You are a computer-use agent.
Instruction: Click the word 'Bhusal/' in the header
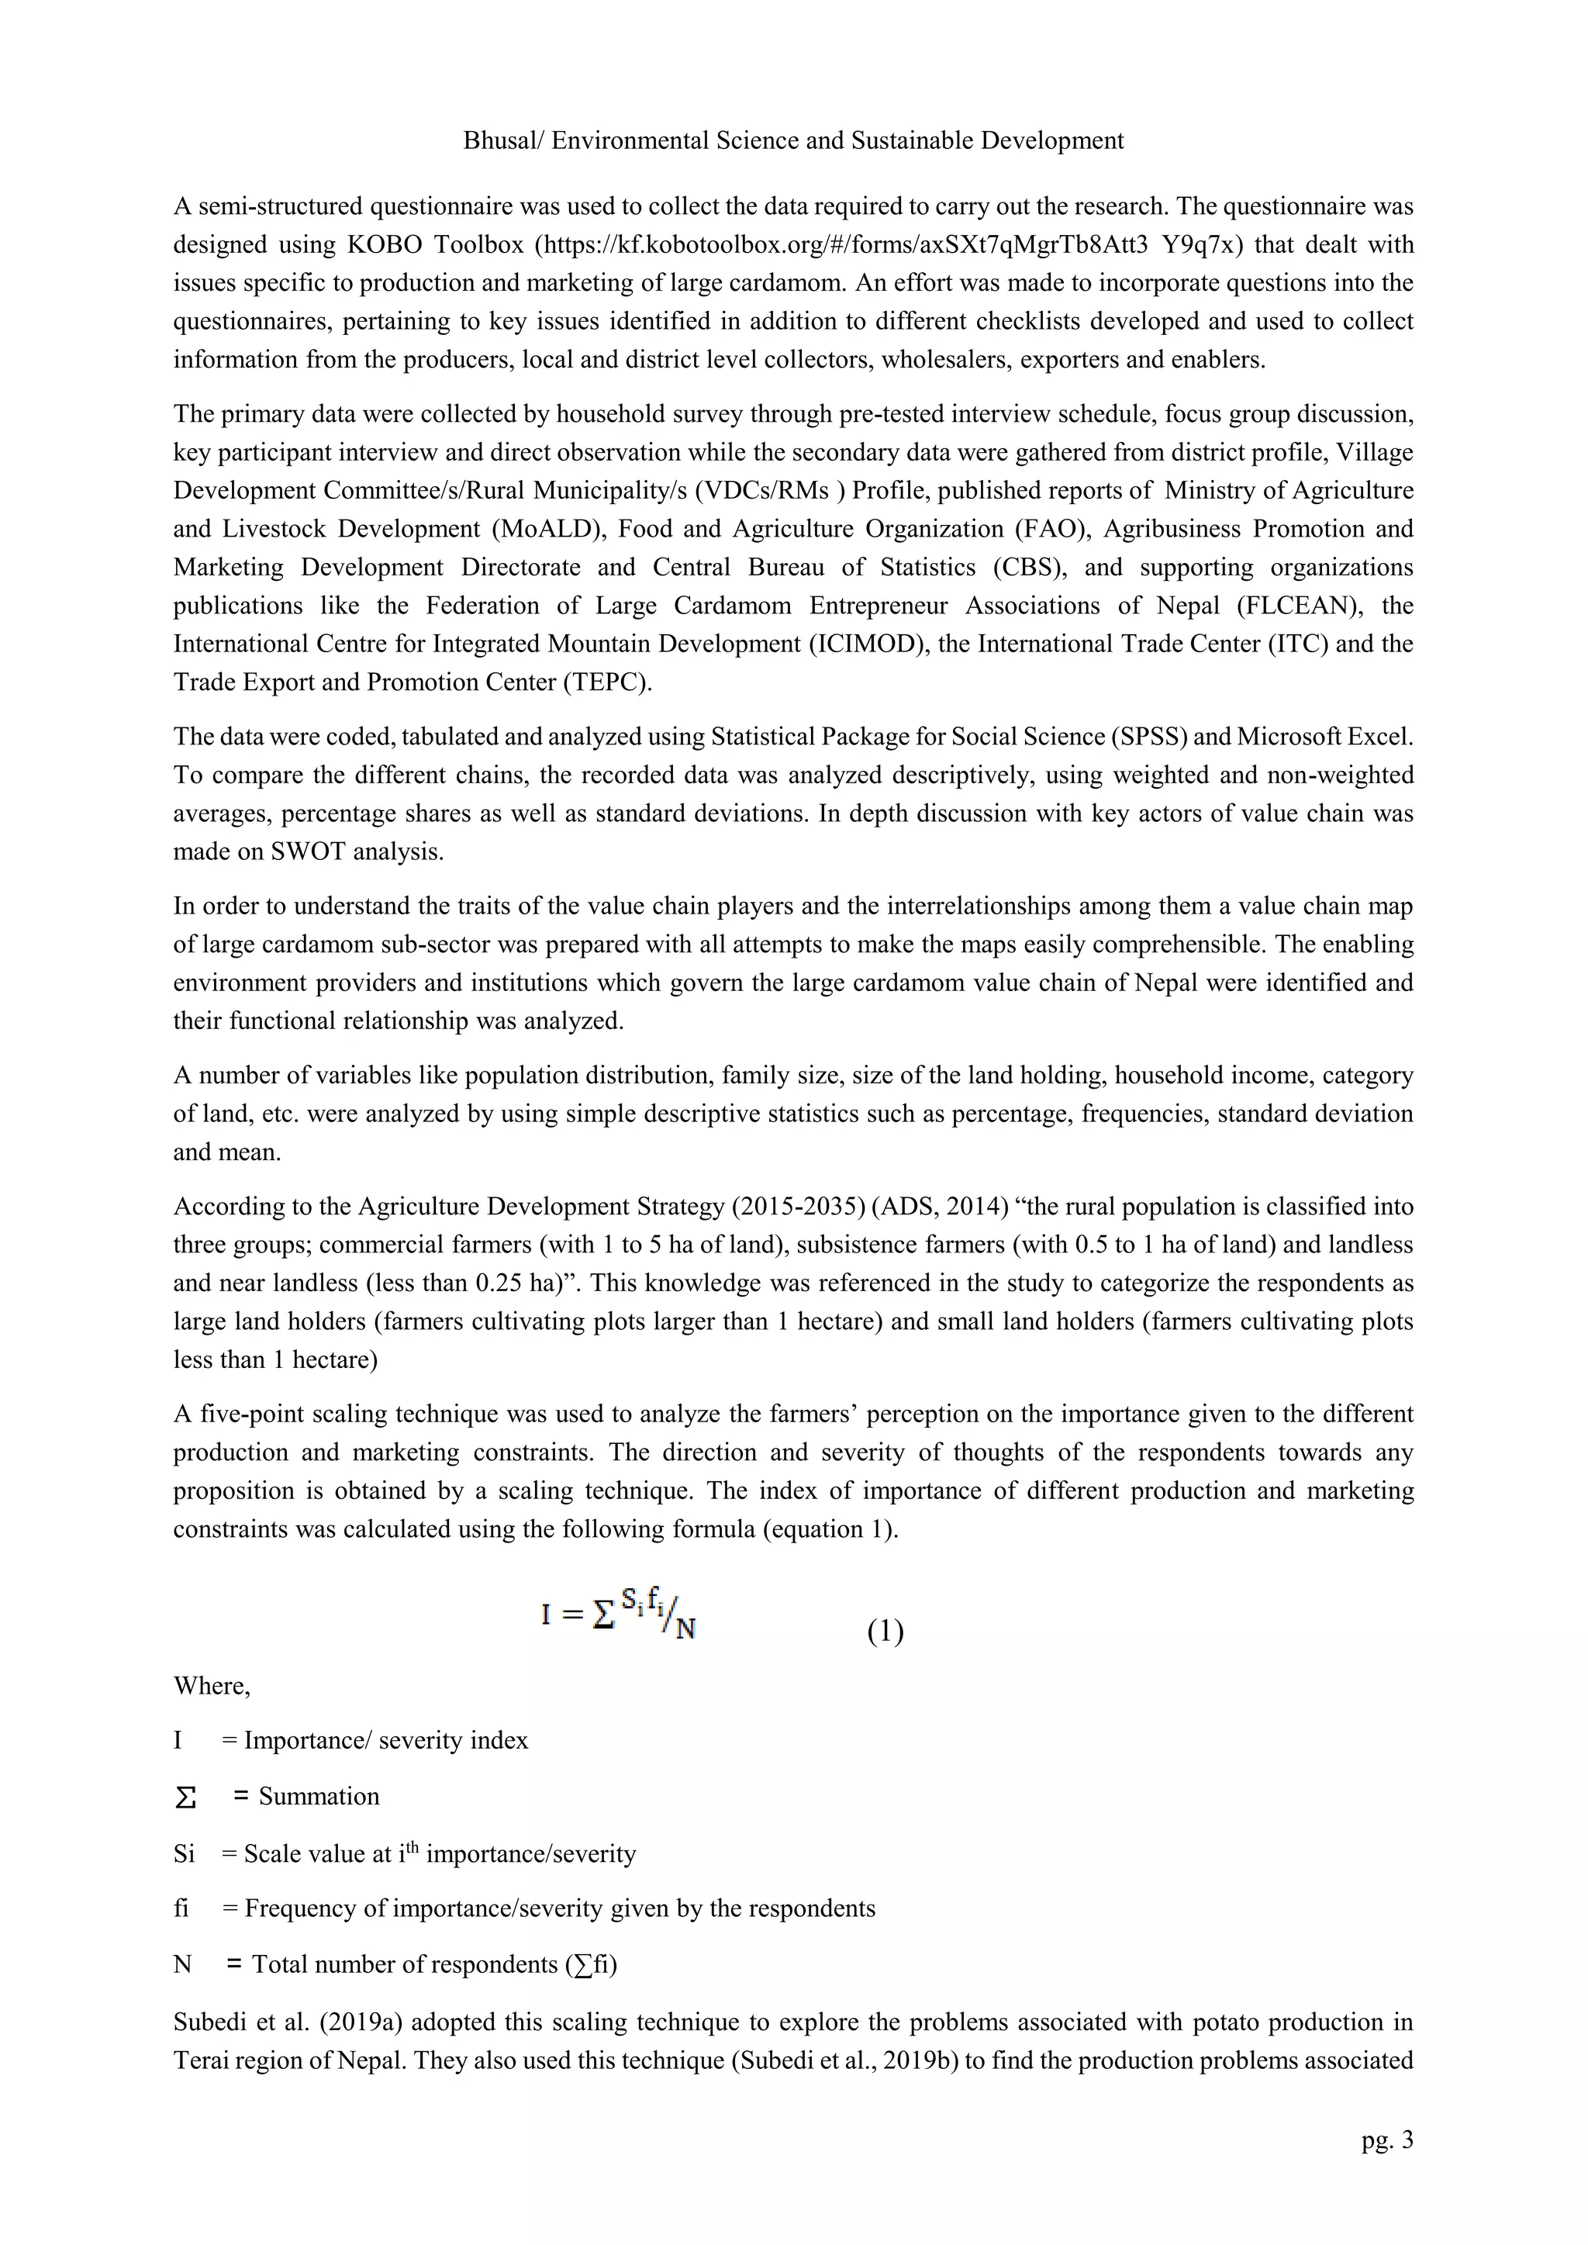point(502,141)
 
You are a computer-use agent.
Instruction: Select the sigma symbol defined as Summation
point(185,1798)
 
